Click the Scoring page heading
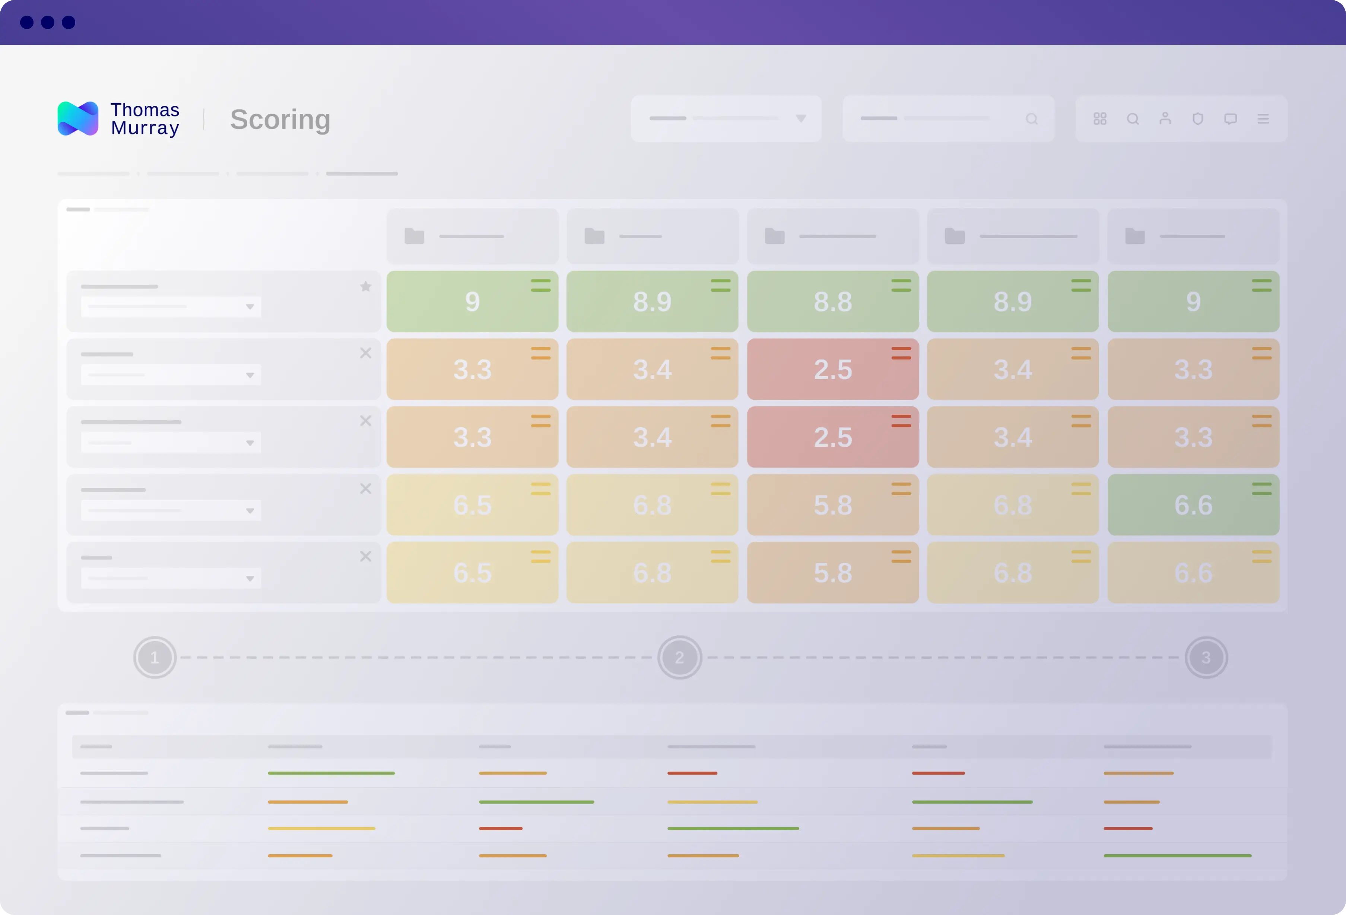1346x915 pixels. click(280, 119)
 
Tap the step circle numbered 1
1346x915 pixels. click(155, 658)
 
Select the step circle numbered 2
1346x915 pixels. click(679, 658)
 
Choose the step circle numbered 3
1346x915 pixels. click(1206, 658)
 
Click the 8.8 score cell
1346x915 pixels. click(832, 301)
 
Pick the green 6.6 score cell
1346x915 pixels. click(1193, 505)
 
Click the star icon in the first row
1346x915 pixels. click(365, 286)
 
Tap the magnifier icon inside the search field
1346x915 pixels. click(1032, 119)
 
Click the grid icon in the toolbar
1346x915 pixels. click(1100, 119)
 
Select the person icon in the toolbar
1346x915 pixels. click(1165, 119)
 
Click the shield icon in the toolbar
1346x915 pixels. click(1198, 119)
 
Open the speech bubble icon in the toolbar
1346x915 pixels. click(1231, 119)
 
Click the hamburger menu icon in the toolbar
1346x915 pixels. click(1263, 119)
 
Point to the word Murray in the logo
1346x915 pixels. click(145, 128)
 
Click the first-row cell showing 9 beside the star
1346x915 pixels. click(472, 301)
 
